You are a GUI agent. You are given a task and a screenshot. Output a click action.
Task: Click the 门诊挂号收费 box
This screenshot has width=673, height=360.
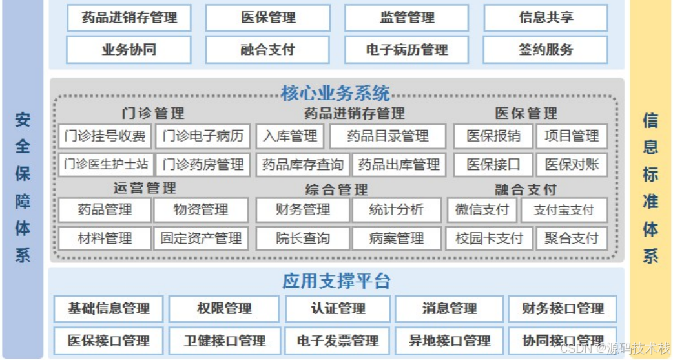pos(105,136)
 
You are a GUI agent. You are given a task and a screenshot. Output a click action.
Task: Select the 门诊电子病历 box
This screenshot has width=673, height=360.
pos(203,136)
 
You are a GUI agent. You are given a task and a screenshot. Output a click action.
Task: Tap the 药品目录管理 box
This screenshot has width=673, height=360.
pos(388,136)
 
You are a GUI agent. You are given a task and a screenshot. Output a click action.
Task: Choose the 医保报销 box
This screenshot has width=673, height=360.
pos(493,136)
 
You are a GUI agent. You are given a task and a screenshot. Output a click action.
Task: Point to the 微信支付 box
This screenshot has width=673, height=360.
pos(481,210)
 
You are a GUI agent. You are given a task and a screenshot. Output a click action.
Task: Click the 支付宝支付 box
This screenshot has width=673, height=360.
pos(572,210)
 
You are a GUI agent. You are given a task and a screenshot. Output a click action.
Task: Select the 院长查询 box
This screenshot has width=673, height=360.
pos(303,238)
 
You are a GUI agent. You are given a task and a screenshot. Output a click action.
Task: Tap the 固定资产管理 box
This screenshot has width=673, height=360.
pos(202,238)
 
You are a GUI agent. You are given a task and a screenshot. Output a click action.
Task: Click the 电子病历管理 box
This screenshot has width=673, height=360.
pos(407,50)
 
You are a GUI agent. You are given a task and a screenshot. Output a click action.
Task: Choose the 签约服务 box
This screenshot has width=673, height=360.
pos(545,50)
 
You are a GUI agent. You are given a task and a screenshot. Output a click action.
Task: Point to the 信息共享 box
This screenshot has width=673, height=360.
pos(545,17)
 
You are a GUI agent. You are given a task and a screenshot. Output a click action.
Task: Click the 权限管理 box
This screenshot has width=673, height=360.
pos(224,309)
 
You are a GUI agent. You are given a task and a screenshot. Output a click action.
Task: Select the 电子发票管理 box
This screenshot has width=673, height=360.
pos(338,341)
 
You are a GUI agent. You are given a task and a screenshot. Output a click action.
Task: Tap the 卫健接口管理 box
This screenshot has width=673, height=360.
pos(224,341)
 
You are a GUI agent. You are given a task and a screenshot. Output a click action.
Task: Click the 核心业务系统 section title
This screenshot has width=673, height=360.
pos(336,94)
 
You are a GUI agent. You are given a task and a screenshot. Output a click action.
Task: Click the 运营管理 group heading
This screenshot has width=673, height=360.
pos(145,188)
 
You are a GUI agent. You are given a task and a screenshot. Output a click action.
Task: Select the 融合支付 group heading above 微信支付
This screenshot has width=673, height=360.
pos(526,189)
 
